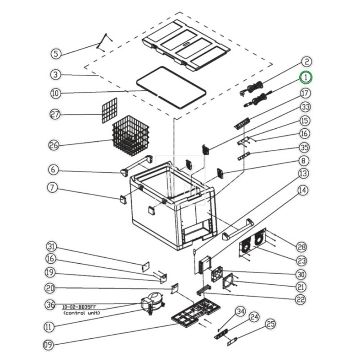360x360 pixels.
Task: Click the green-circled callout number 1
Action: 306,77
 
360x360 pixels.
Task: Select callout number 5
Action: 55,54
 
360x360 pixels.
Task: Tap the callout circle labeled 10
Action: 55,94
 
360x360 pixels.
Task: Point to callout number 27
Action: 55,115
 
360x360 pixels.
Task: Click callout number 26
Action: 54,145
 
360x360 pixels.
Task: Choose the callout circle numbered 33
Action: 306,107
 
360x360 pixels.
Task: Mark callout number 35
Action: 305,147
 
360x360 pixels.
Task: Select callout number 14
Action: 303,190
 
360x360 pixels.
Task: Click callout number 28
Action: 301,247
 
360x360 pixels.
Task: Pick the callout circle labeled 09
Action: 49,345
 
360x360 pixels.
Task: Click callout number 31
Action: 52,247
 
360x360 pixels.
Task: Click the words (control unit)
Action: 81,312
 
